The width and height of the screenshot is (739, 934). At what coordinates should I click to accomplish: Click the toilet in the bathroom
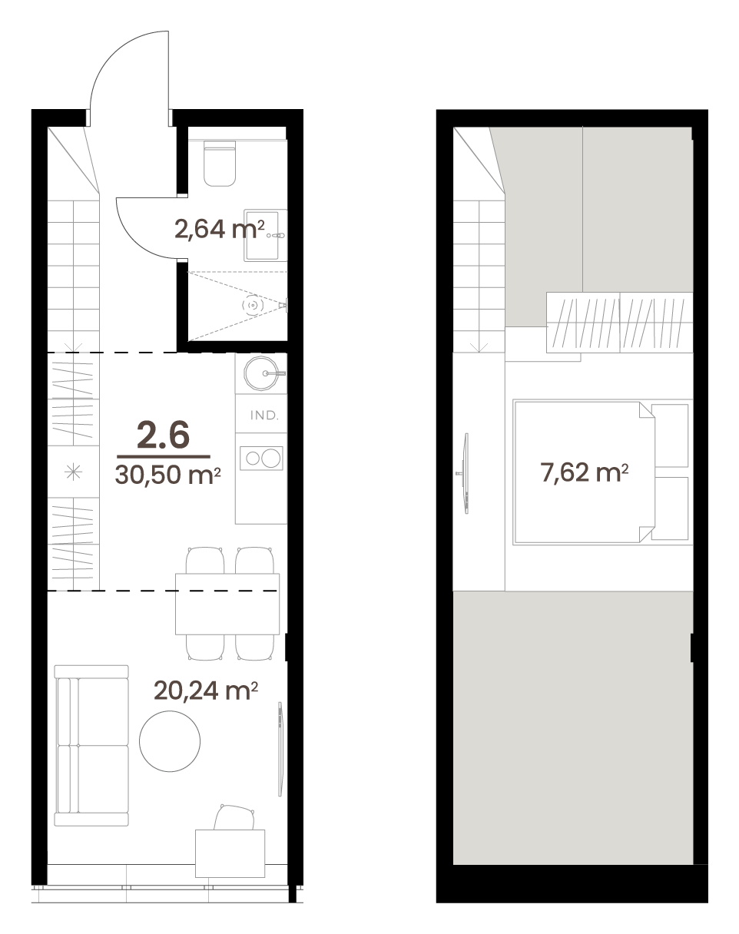tap(220, 163)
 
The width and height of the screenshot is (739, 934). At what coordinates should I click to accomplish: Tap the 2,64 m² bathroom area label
tap(219, 229)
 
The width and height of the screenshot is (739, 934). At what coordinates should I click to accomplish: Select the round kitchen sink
tap(261, 373)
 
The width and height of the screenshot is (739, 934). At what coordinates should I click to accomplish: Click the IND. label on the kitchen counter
tap(264, 416)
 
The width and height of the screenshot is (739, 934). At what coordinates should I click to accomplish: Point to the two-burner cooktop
tap(261, 458)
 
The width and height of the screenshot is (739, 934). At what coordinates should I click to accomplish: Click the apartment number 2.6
tap(164, 435)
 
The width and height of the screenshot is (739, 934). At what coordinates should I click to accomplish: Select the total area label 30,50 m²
tap(167, 475)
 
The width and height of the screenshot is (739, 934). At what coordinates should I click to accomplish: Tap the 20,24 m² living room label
tap(206, 691)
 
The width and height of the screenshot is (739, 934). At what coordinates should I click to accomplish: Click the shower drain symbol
tap(252, 305)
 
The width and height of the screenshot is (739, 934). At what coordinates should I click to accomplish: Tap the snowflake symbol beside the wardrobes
tap(73, 472)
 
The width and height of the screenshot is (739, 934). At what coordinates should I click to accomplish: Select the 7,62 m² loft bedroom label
tap(585, 472)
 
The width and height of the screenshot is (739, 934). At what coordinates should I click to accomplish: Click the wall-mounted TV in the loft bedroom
tap(465, 473)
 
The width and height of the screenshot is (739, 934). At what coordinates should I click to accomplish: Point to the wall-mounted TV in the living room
tap(280, 749)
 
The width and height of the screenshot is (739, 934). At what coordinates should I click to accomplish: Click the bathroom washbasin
tap(261, 235)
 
